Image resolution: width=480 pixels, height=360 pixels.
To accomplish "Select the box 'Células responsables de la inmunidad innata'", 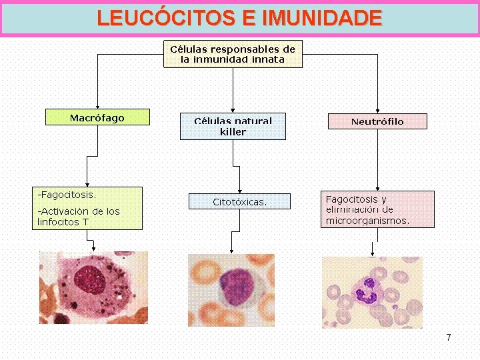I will [233, 54].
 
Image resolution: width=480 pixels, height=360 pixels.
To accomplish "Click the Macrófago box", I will [97, 117].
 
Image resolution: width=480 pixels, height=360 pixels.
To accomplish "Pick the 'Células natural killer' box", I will [233, 126].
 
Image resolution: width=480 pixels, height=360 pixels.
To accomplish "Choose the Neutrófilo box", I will [377, 121].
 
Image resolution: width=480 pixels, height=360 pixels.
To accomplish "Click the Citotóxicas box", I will [239, 201].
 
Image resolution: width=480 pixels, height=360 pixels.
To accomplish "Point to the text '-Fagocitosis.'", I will [67, 195].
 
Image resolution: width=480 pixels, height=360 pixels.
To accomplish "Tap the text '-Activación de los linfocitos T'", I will [78, 216].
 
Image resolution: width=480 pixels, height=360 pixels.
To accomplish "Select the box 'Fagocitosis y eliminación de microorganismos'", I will [377, 209].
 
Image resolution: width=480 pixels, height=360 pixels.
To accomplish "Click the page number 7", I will [449, 337].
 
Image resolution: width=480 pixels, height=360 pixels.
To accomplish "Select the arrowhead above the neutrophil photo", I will [372, 253].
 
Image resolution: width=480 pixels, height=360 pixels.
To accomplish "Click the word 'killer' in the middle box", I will [233, 132].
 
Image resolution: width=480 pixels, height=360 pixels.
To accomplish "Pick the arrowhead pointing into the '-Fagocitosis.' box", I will [87, 183].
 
